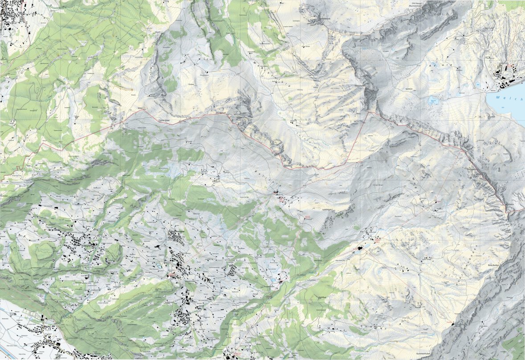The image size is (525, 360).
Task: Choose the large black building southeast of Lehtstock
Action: click(359, 250)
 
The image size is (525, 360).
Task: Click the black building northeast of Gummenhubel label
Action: click(454, 324)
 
